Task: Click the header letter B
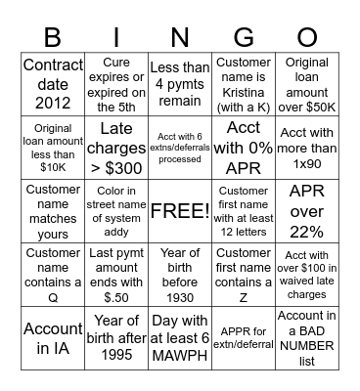(54, 37)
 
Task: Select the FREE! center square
(179, 211)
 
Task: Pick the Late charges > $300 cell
(116, 148)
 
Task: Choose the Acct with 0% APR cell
(243, 148)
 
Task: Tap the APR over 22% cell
(305, 211)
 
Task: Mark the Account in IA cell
(53, 338)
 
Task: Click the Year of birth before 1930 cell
(179, 275)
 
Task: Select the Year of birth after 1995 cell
(116, 338)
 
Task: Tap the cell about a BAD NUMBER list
(305, 338)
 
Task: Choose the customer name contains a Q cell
(53, 275)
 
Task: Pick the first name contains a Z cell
(243, 275)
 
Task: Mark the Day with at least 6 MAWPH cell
(179, 338)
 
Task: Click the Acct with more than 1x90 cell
(305, 148)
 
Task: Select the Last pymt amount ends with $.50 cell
(116, 275)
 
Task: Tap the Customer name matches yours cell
(53, 211)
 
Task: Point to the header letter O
(305, 37)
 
